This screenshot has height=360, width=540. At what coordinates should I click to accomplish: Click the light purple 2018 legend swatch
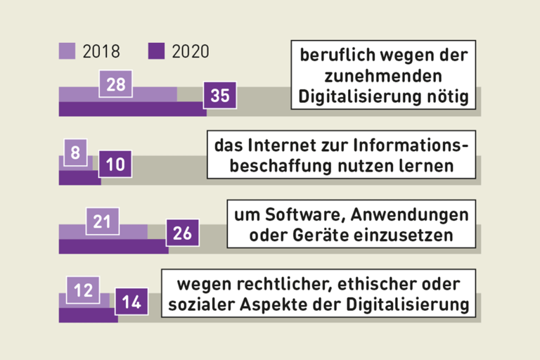click(67, 51)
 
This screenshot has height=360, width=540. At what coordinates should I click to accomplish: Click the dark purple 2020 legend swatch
click(156, 51)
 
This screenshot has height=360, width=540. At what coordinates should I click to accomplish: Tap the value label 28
click(117, 84)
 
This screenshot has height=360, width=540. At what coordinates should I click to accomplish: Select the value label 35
click(220, 96)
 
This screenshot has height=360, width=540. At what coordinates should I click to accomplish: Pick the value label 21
click(103, 221)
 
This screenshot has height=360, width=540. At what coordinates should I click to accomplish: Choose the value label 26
click(182, 233)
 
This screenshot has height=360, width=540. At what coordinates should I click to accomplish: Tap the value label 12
click(83, 290)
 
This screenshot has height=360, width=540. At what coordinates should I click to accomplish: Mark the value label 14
click(131, 302)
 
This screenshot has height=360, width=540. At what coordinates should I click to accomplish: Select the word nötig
click(446, 96)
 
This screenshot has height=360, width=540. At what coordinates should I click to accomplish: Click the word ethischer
click(382, 284)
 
